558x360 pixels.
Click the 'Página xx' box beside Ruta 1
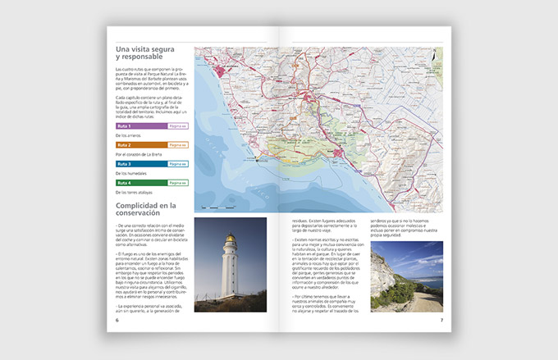[x=178, y=126]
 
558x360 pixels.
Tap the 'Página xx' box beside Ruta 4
[x=178, y=182]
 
